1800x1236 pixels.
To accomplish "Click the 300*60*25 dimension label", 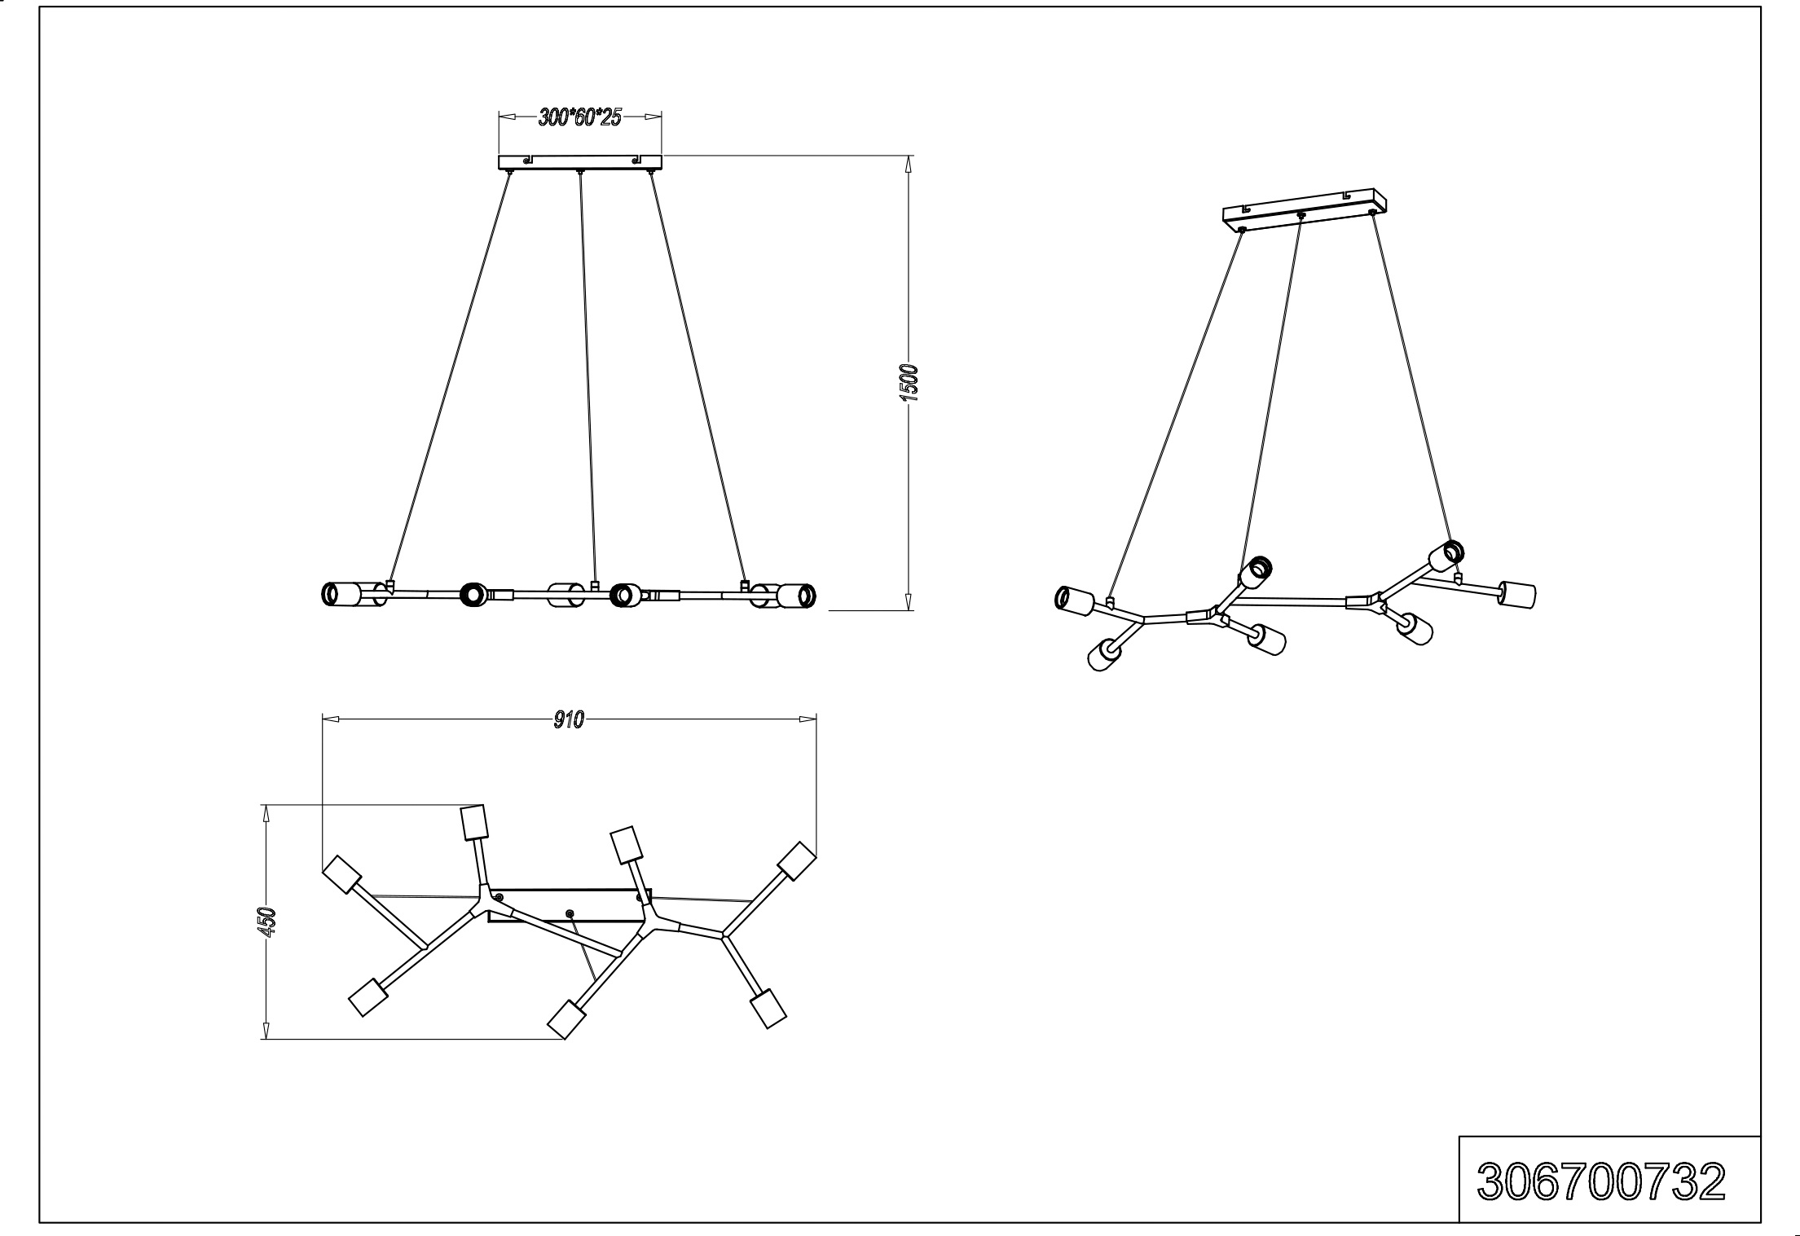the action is coord(579,118).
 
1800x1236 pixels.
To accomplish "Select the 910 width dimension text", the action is coord(569,719).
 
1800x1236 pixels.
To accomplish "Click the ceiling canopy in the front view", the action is coord(579,162).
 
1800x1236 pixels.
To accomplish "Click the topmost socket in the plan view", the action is coord(473,822).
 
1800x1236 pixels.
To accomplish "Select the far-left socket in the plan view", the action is coord(342,875).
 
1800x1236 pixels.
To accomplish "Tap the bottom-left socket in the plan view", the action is coord(367,996).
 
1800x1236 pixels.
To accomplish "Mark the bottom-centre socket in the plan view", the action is coord(567,1019).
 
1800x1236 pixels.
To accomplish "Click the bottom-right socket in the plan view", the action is coord(768,1009).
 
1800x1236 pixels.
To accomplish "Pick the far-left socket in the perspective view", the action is coord(1074,601).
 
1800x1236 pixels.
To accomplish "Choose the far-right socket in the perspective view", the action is coord(1519,593).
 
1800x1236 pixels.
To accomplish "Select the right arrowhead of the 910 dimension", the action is coord(808,719).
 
